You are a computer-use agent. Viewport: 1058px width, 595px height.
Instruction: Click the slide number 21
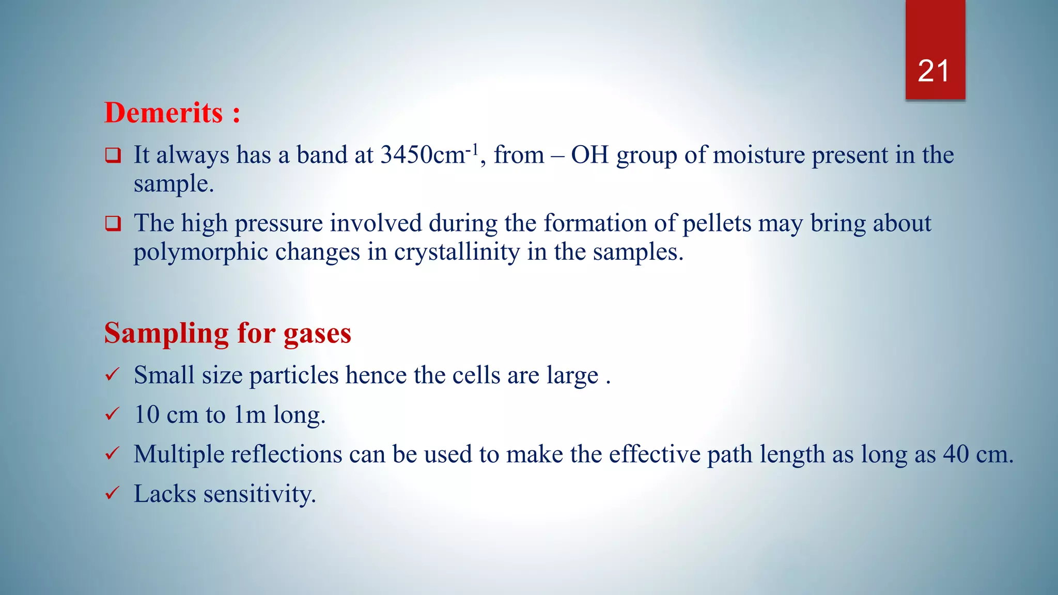pos(933,71)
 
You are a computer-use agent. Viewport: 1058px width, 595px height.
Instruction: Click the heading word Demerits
pos(163,113)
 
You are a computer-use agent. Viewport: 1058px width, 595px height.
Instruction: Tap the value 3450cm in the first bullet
pos(423,155)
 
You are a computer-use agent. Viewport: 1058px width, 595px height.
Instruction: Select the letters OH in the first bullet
pos(589,155)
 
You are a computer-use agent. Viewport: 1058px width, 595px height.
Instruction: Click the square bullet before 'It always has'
pos(113,155)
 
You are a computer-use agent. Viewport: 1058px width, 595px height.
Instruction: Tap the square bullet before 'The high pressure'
pos(113,223)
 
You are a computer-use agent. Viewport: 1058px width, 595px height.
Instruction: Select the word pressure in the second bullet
pos(279,224)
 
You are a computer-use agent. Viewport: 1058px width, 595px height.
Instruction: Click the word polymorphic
pos(200,253)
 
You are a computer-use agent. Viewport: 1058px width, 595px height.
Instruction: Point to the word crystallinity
pos(457,253)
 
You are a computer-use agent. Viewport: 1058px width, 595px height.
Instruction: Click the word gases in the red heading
pos(317,333)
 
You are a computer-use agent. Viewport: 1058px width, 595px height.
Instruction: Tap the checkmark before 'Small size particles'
pos(112,374)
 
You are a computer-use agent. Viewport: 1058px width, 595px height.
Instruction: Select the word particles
pos(294,375)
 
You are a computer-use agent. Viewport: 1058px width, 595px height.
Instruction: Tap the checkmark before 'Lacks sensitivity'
pos(112,493)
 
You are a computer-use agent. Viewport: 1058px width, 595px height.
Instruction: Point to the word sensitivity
pos(259,494)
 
